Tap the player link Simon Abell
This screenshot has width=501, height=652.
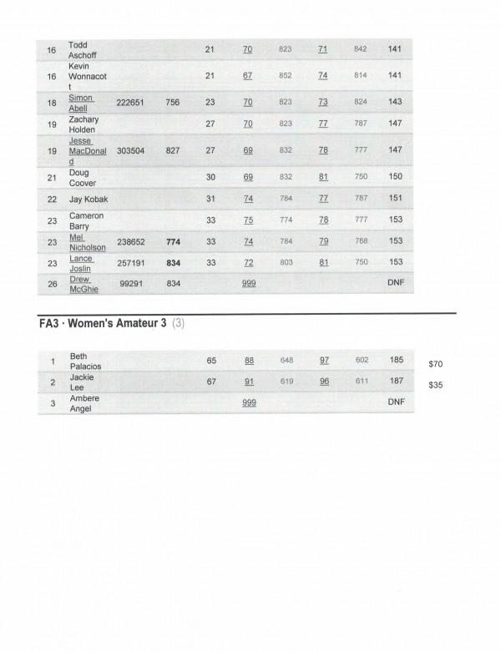tap(82, 102)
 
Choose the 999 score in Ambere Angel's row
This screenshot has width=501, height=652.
tap(249, 403)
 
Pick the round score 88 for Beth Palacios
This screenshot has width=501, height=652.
tap(249, 360)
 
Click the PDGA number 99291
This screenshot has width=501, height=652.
tap(135, 284)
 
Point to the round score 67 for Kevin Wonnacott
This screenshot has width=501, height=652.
tap(247, 76)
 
